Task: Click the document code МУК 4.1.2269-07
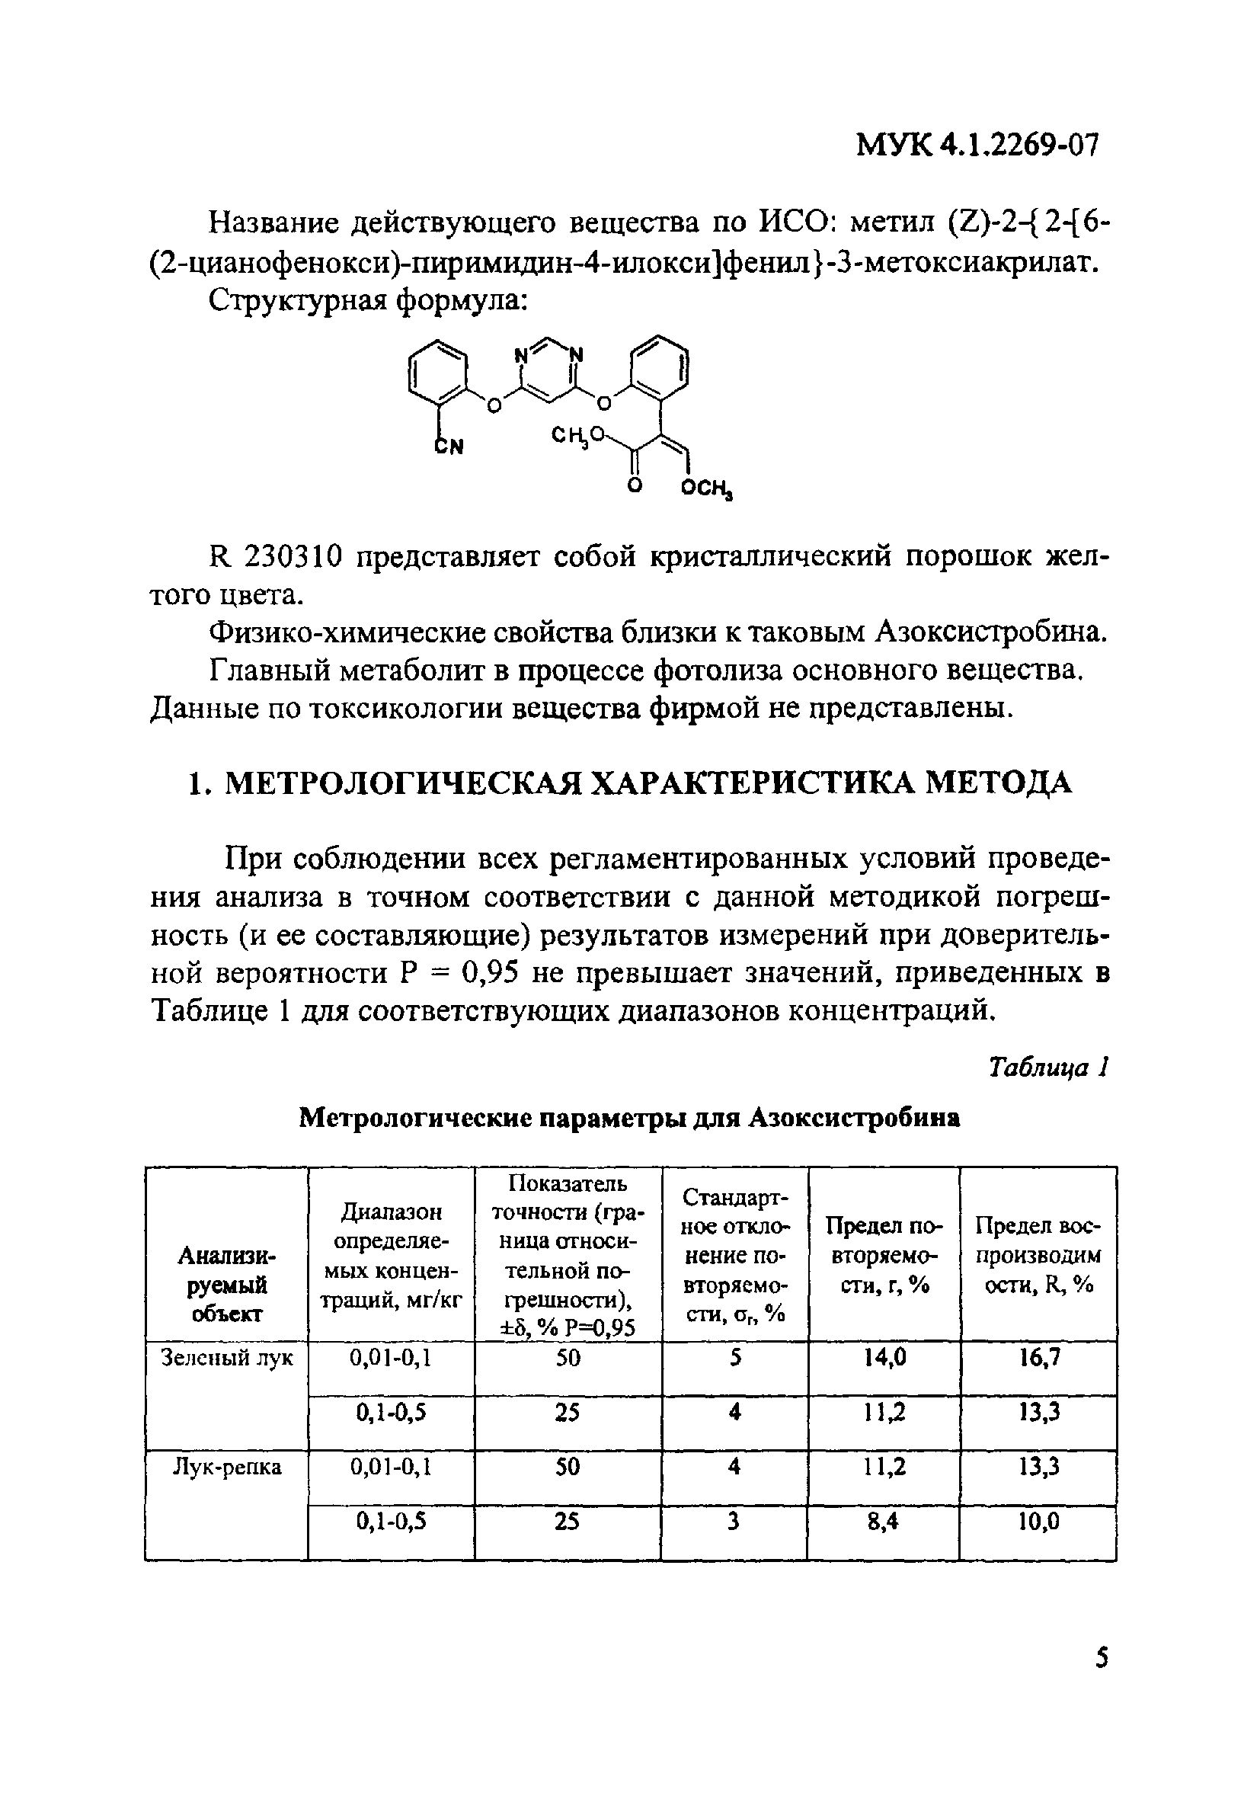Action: coord(977,145)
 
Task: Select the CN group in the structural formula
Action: coord(449,446)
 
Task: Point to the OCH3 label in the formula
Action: coord(706,490)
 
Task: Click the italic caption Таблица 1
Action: coord(1048,1068)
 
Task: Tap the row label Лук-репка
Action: coord(226,1467)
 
